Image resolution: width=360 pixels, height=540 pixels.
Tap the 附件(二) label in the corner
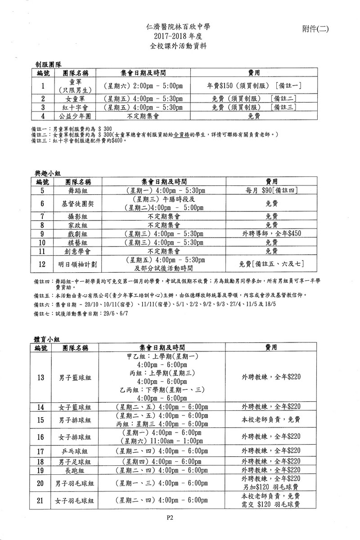pos(316,29)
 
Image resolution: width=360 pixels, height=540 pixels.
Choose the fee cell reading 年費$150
pos(254,85)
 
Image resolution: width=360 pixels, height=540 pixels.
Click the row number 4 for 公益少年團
pos(43,116)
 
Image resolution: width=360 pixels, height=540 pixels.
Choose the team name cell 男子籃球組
pos(75,377)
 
